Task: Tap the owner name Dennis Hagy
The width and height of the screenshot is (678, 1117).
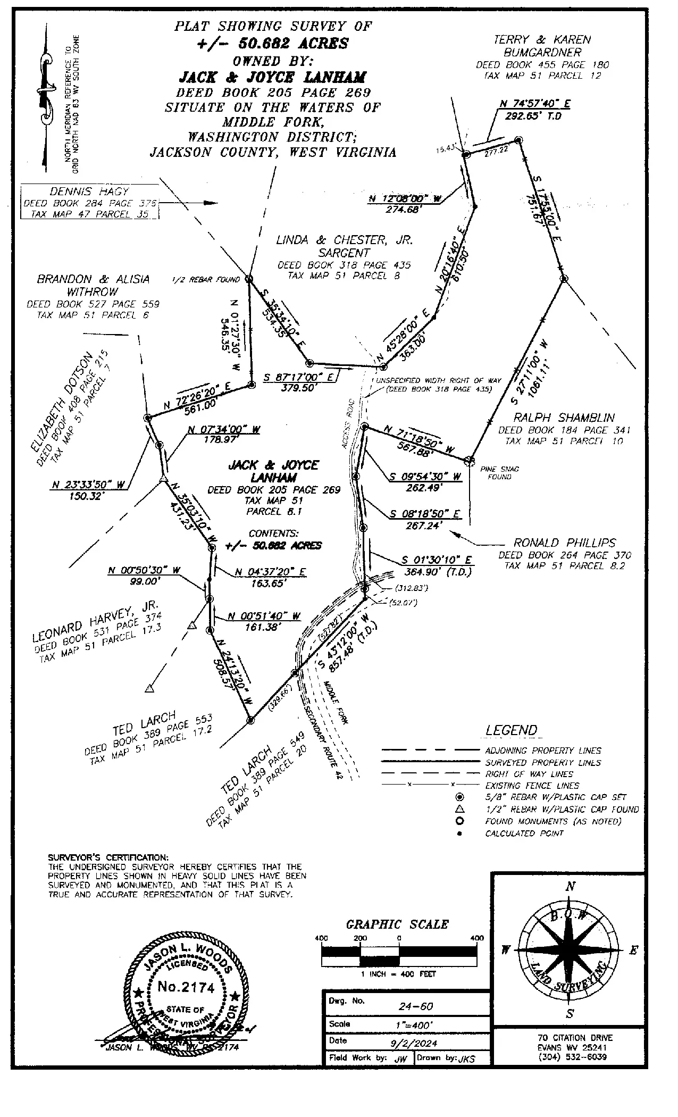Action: click(x=89, y=191)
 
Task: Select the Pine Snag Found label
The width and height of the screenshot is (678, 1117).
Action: click(x=499, y=473)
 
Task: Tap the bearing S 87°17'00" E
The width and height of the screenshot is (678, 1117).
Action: click(x=298, y=377)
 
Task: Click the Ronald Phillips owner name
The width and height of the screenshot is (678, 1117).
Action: click(x=564, y=543)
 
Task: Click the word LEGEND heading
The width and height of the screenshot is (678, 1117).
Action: click(x=511, y=731)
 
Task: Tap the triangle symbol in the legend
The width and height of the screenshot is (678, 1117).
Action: click(x=460, y=809)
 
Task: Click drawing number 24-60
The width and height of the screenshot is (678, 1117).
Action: click(x=416, y=1006)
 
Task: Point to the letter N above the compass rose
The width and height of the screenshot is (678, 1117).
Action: click(x=570, y=887)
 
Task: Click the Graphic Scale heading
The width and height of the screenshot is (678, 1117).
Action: click(x=397, y=924)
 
